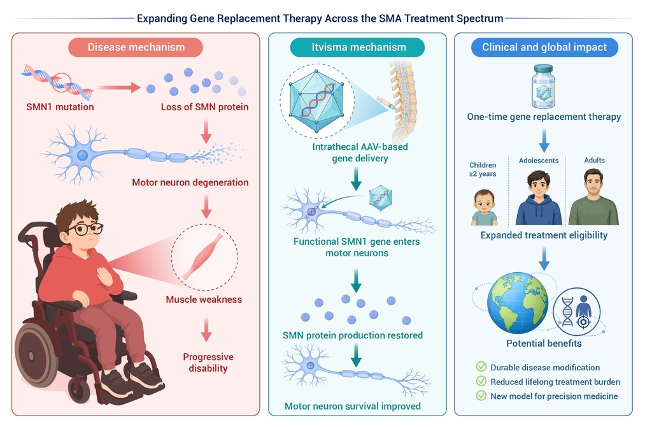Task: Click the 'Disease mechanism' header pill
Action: [x=136, y=47]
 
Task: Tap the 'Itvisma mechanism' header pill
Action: [x=357, y=47]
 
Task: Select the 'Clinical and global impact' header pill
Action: [x=544, y=47]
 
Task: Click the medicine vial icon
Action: [x=543, y=86]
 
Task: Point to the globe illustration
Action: [x=518, y=303]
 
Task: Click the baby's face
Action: [x=485, y=201]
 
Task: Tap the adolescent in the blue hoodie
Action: [x=539, y=198]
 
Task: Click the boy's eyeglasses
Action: [x=85, y=229]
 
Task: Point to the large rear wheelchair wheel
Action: [x=36, y=355]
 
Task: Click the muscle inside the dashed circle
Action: [x=202, y=257]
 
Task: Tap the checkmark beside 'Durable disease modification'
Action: [x=481, y=366]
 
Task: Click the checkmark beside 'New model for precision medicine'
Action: [x=481, y=395]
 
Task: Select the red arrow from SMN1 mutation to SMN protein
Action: [x=119, y=87]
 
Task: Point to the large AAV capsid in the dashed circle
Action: [x=316, y=101]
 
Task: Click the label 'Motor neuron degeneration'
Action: [x=190, y=182]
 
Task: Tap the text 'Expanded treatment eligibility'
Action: [x=544, y=235]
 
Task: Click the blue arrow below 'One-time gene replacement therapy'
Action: [x=544, y=140]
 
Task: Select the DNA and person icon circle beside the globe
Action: [x=576, y=312]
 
